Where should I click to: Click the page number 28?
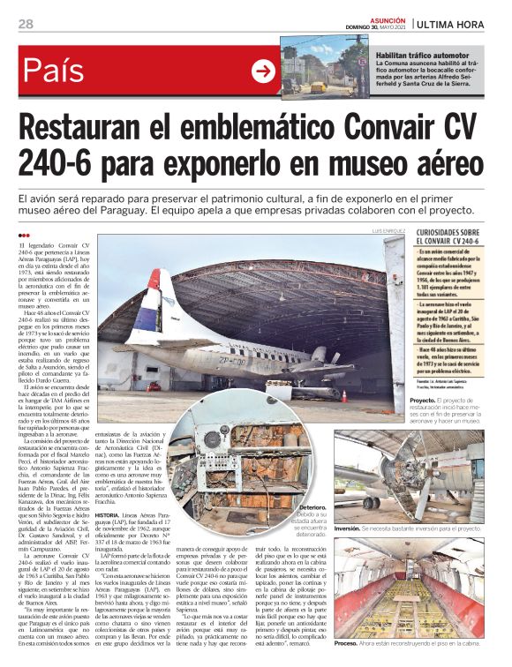tap(26, 23)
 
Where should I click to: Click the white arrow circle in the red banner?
tap(263, 71)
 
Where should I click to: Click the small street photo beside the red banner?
tap(325, 66)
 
